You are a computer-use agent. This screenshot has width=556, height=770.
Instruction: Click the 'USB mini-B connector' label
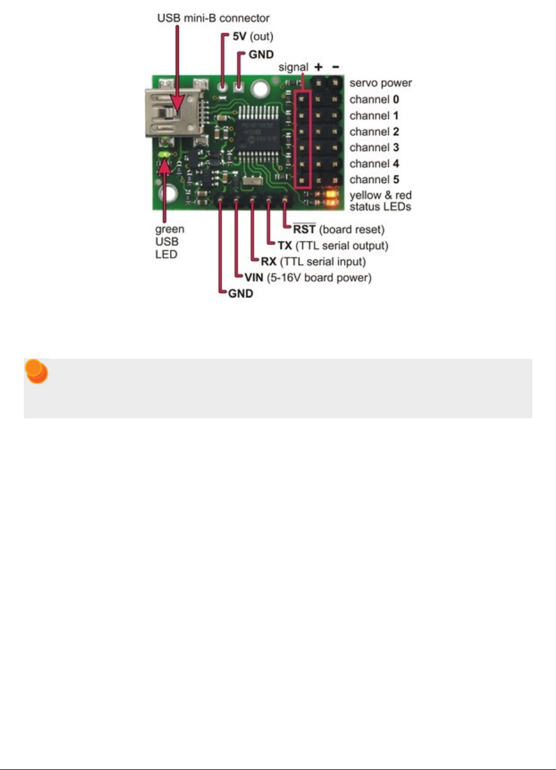(213, 18)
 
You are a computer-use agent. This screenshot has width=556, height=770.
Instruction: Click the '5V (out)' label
(252, 36)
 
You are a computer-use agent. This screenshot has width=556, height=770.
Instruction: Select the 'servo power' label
(380, 83)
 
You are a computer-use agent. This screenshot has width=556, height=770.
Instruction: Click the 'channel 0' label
(374, 99)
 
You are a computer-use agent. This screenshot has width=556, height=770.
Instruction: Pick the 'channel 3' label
(374, 147)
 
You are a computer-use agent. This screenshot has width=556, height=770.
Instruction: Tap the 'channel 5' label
(374, 179)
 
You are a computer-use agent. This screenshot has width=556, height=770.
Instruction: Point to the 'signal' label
(293, 67)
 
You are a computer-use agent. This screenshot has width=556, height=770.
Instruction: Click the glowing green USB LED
(163, 156)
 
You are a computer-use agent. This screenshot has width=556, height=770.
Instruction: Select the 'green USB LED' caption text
(169, 242)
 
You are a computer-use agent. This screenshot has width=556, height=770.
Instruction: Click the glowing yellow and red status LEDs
(330, 198)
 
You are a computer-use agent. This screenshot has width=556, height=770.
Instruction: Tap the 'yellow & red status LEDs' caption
(380, 201)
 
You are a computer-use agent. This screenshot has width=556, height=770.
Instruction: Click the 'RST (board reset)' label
(339, 229)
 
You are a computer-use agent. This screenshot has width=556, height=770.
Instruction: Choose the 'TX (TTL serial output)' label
(333, 245)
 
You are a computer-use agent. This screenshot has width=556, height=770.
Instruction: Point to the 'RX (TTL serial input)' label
(313, 261)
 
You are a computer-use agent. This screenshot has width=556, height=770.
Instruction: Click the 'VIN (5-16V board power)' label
(308, 277)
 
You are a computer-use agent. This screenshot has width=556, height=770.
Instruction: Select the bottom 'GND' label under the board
(241, 294)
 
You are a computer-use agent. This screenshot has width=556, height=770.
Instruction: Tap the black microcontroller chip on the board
(260, 131)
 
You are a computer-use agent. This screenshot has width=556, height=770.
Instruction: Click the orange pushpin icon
(36, 372)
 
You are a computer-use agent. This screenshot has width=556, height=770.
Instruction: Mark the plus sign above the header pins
(319, 67)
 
